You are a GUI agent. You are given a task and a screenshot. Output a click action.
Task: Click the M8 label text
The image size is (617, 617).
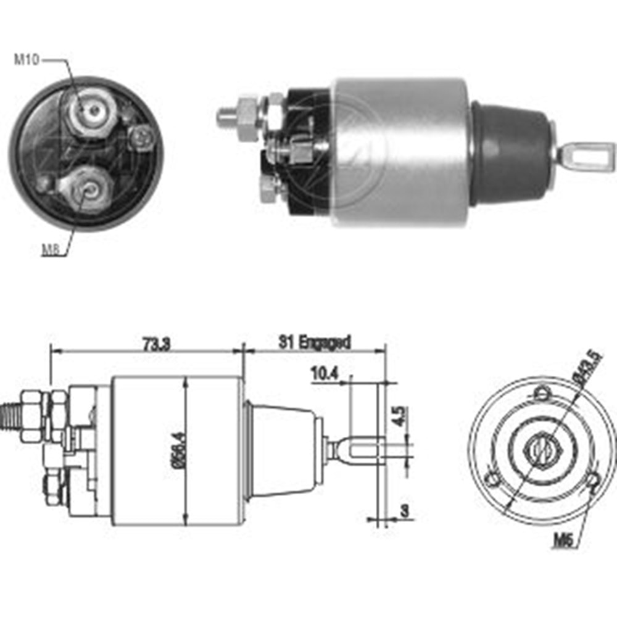tap(51, 249)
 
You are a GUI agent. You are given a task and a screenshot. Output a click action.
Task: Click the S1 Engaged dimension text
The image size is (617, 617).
tap(314, 341)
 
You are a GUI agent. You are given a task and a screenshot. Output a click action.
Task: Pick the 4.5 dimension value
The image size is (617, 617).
tap(398, 416)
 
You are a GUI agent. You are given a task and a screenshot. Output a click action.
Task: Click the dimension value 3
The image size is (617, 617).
tap(405, 511)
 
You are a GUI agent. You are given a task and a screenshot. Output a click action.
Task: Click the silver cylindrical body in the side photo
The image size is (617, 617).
tap(401, 151)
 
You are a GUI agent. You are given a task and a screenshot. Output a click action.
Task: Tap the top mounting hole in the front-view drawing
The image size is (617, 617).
tap(542, 392)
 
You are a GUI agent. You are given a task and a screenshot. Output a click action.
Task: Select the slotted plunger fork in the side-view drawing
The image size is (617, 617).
tap(361, 449)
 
